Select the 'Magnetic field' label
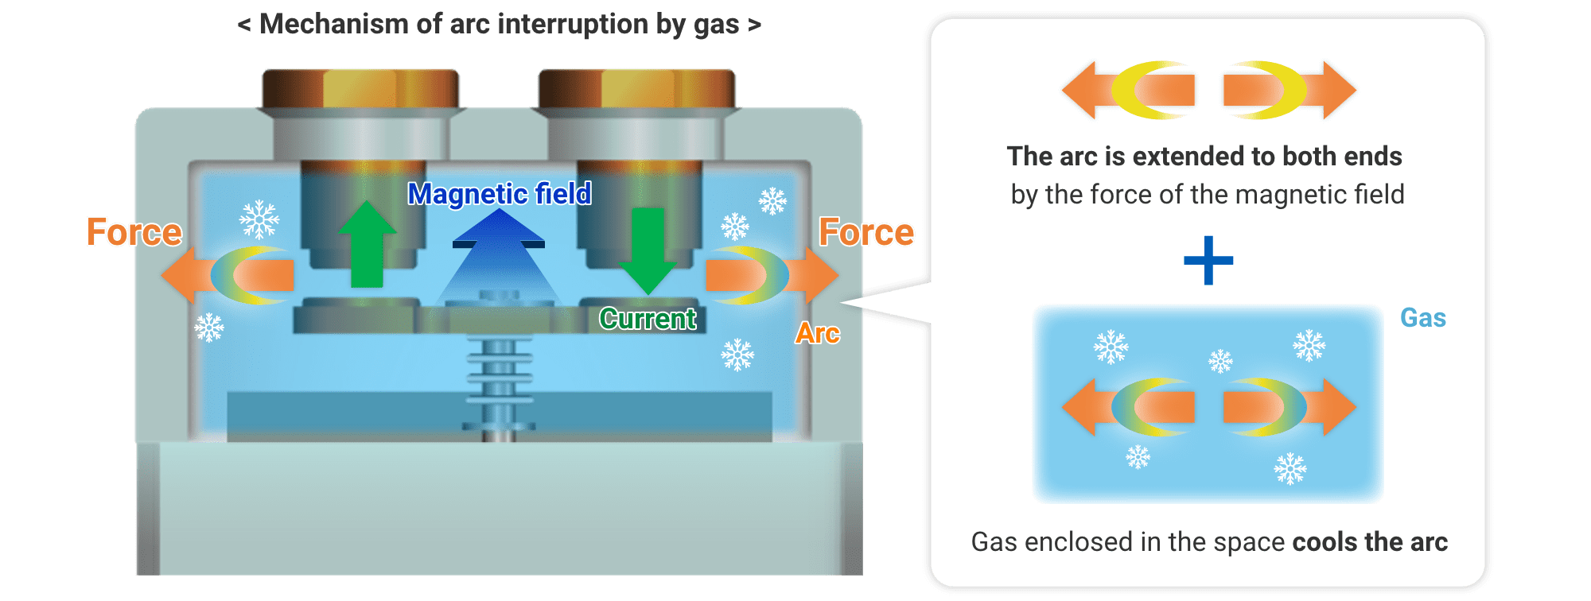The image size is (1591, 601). coord(500,194)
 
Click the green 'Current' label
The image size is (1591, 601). coord(648,319)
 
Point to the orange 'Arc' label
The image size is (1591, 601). coord(818,333)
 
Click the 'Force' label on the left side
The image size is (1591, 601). coord(134,232)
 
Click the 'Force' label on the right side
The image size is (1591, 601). coord(866,232)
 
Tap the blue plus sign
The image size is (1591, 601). coord(1208,261)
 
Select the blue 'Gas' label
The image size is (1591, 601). coord(1422,318)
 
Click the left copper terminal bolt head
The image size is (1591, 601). coord(360,87)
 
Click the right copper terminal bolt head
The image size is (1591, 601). coord(636,87)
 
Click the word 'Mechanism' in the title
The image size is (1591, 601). coord(334,25)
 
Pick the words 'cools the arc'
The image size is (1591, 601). coord(1370,542)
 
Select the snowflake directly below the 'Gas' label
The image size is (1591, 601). coord(1309,346)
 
